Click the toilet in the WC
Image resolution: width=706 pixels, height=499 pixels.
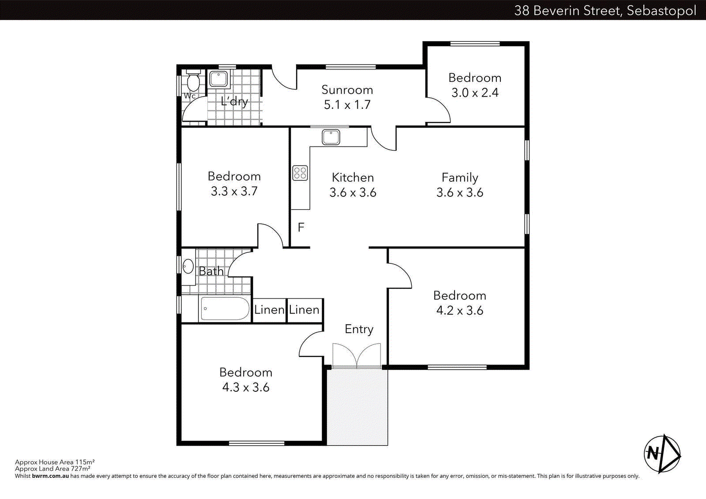click(193, 81)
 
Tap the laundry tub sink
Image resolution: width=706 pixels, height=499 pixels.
click(218, 79)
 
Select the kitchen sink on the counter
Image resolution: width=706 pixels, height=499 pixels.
click(331, 137)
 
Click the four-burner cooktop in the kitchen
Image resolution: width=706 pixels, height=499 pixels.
click(300, 173)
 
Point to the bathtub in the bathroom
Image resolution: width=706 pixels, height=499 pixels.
click(225, 308)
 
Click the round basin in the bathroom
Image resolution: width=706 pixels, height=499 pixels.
click(188, 266)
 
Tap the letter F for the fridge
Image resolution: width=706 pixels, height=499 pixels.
click(301, 227)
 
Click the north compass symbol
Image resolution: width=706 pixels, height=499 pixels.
click(662, 454)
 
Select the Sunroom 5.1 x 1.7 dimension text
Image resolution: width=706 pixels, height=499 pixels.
click(347, 105)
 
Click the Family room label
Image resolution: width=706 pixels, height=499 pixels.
click(460, 177)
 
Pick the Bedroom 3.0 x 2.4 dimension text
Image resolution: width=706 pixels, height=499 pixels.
click(475, 93)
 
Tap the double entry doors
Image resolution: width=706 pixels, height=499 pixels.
click(357, 356)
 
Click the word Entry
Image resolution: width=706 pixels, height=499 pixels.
click(359, 329)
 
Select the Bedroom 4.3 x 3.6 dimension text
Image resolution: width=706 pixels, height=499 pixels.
click(246, 387)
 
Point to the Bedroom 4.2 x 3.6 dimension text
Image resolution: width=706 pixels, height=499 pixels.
click(460, 311)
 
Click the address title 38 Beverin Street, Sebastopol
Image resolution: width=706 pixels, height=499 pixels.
click(605, 10)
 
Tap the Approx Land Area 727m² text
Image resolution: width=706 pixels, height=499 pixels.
click(53, 469)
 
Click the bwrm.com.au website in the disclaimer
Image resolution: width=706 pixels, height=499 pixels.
click(50, 476)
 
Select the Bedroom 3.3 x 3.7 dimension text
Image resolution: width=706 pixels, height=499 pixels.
click(234, 191)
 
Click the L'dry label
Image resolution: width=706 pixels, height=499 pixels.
click(234, 101)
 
